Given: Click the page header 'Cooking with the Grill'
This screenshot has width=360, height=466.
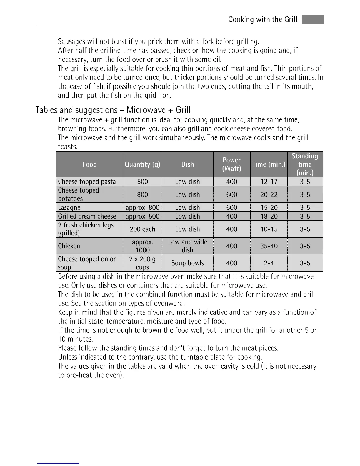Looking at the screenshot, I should (263, 19).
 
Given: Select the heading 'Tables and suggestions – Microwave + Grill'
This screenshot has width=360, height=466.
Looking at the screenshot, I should (113, 110).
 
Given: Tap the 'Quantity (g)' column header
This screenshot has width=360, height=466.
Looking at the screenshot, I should (142, 164).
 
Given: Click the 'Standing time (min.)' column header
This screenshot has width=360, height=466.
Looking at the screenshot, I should (305, 164).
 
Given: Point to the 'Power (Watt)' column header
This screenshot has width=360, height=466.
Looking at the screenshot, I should (231, 164).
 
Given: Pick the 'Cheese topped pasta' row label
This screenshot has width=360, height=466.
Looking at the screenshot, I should (87, 182).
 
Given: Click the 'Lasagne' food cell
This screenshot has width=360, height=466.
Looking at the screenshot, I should (69, 207).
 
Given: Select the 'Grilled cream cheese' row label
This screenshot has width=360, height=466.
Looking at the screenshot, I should (87, 216).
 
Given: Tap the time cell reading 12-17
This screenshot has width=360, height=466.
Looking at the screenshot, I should (269, 182).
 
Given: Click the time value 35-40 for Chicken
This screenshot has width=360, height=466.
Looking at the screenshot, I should (269, 246).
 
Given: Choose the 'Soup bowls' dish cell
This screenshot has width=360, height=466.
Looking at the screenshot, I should (188, 263).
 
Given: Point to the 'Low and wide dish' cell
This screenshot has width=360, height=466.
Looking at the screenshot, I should (188, 246).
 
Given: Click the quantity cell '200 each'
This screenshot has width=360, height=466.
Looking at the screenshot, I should (142, 229).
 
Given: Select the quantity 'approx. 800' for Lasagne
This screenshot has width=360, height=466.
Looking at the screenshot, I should (142, 207).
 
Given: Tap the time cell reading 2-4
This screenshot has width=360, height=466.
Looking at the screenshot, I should (269, 263).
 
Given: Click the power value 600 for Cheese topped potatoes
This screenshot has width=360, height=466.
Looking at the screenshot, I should (231, 194).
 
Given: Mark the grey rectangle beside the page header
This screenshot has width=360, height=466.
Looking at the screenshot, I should (313, 19).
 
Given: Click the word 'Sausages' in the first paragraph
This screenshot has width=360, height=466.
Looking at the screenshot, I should (72, 41).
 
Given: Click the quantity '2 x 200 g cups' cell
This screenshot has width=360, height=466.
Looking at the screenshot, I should (142, 263).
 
